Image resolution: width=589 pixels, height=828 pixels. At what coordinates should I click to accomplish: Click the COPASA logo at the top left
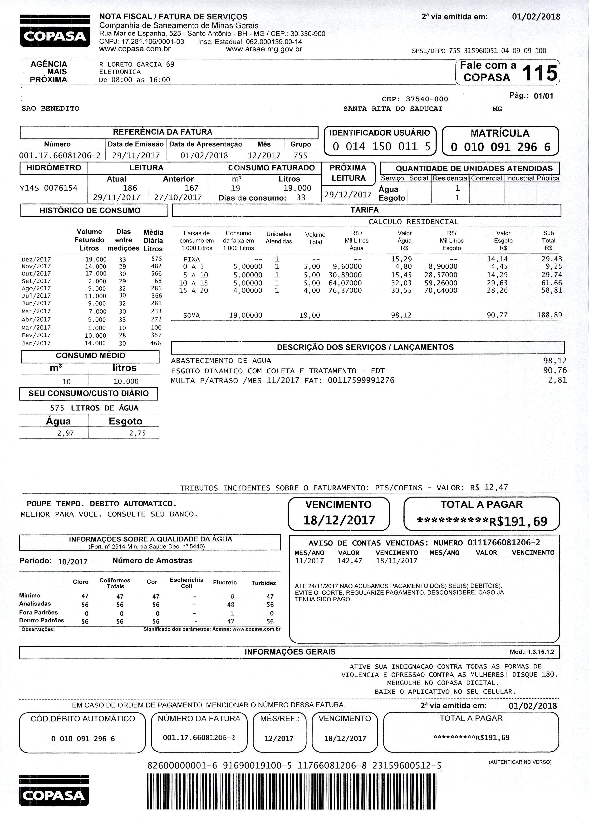point(55,31)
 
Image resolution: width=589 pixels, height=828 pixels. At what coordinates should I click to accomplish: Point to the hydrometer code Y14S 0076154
point(48,188)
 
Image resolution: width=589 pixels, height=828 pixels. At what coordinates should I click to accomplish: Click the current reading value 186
point(130,188)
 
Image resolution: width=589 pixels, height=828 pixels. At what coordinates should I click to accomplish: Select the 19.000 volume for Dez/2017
point(96,259)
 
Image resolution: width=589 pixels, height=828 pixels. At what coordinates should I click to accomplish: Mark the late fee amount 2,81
point(557,380)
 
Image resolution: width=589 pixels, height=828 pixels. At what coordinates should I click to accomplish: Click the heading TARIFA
point(364,210)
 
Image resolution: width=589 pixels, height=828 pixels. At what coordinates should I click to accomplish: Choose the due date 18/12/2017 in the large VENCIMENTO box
point(339,520)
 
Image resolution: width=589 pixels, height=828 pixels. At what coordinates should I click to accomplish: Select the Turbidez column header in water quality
point(264,583)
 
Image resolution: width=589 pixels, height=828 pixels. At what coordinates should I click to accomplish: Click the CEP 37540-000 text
point(415,99)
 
